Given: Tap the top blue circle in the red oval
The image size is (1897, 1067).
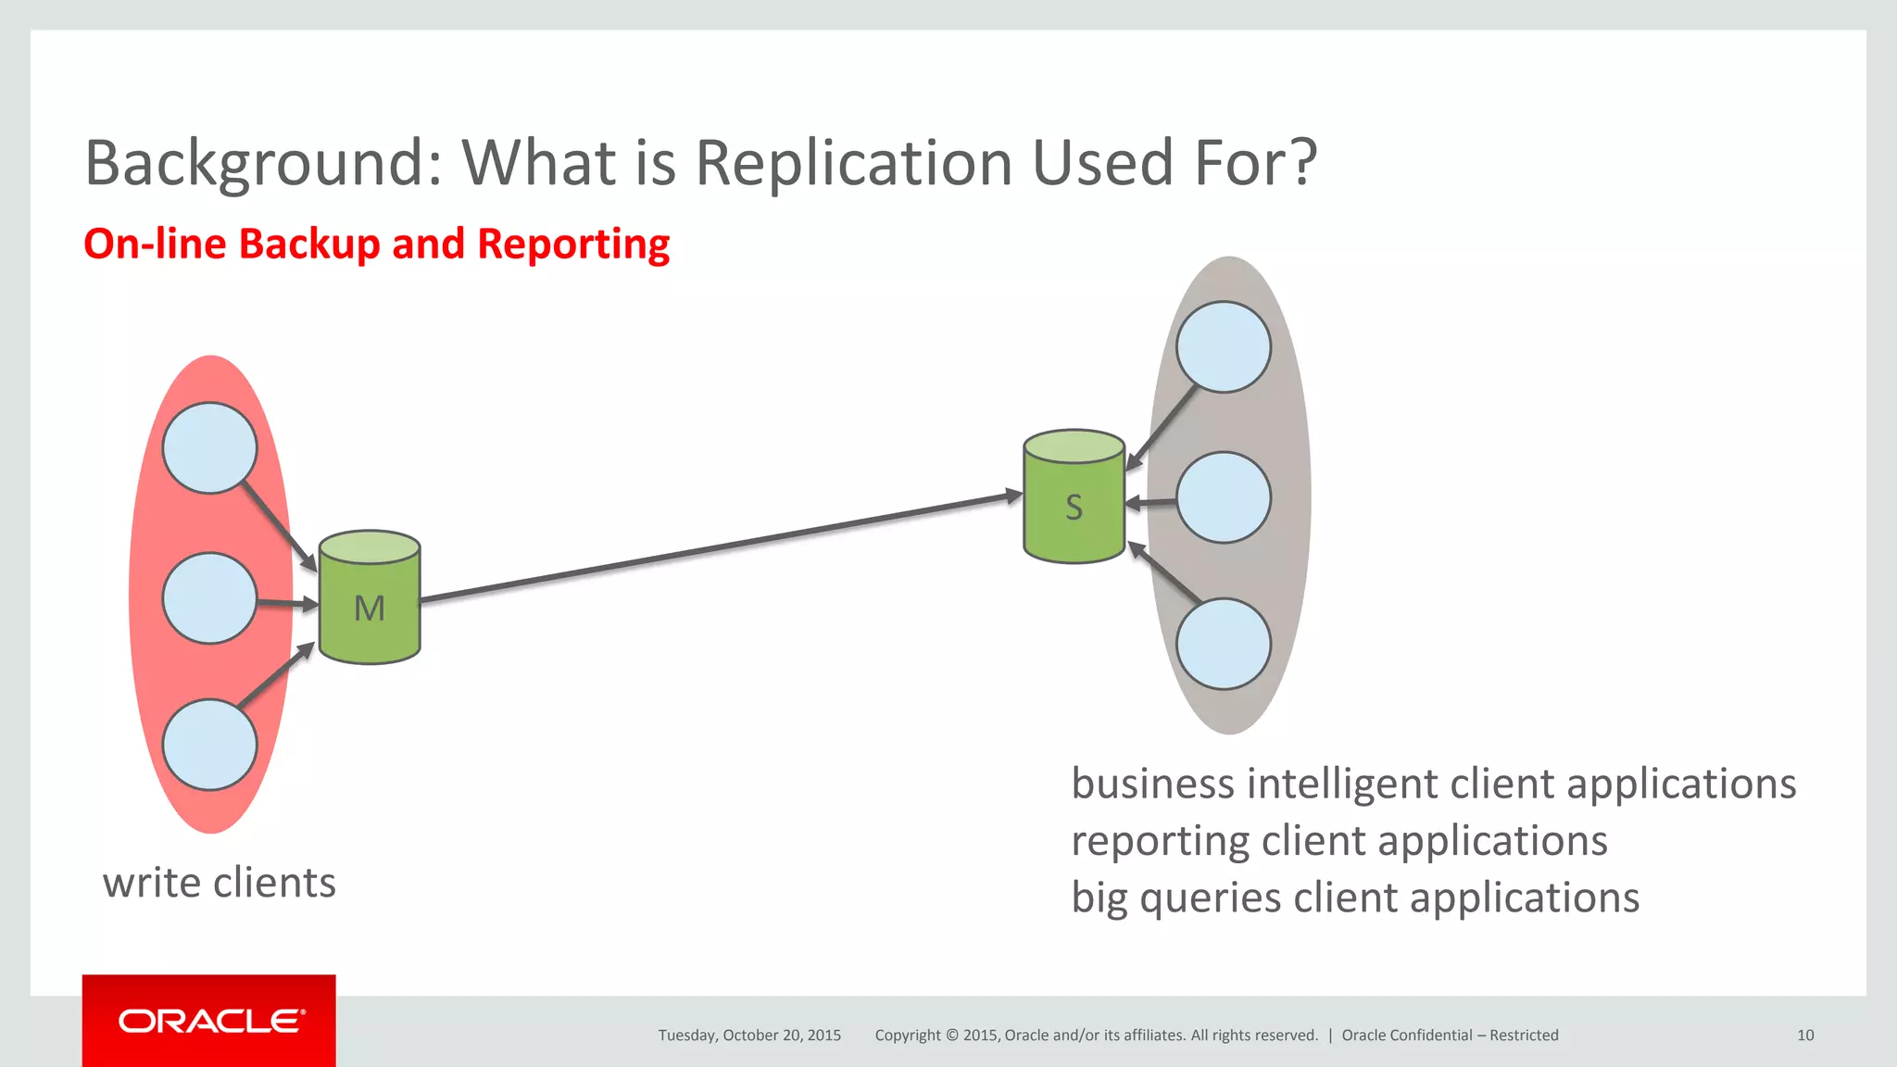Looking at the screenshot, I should coord(209,447).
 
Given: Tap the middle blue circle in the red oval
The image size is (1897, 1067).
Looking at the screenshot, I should coord(209,598).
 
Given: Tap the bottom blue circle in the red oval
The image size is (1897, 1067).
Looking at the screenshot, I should coord(209,745).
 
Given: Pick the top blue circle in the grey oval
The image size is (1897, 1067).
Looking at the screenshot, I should coord(1223,346).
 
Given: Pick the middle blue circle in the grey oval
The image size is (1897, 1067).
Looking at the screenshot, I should coord(1223,497).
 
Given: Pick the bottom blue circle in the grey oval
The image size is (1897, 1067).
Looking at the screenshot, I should coord(1223,644).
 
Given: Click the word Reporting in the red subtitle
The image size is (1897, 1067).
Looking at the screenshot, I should coord(573,245).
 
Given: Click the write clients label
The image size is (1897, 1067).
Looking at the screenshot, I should coord(220,883).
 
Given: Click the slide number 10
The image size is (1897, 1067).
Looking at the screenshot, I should coord(1804,1036).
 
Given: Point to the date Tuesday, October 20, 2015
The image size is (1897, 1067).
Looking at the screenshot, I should coord(749,1036).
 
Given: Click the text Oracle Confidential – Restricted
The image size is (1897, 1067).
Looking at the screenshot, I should coord(1450,1036).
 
